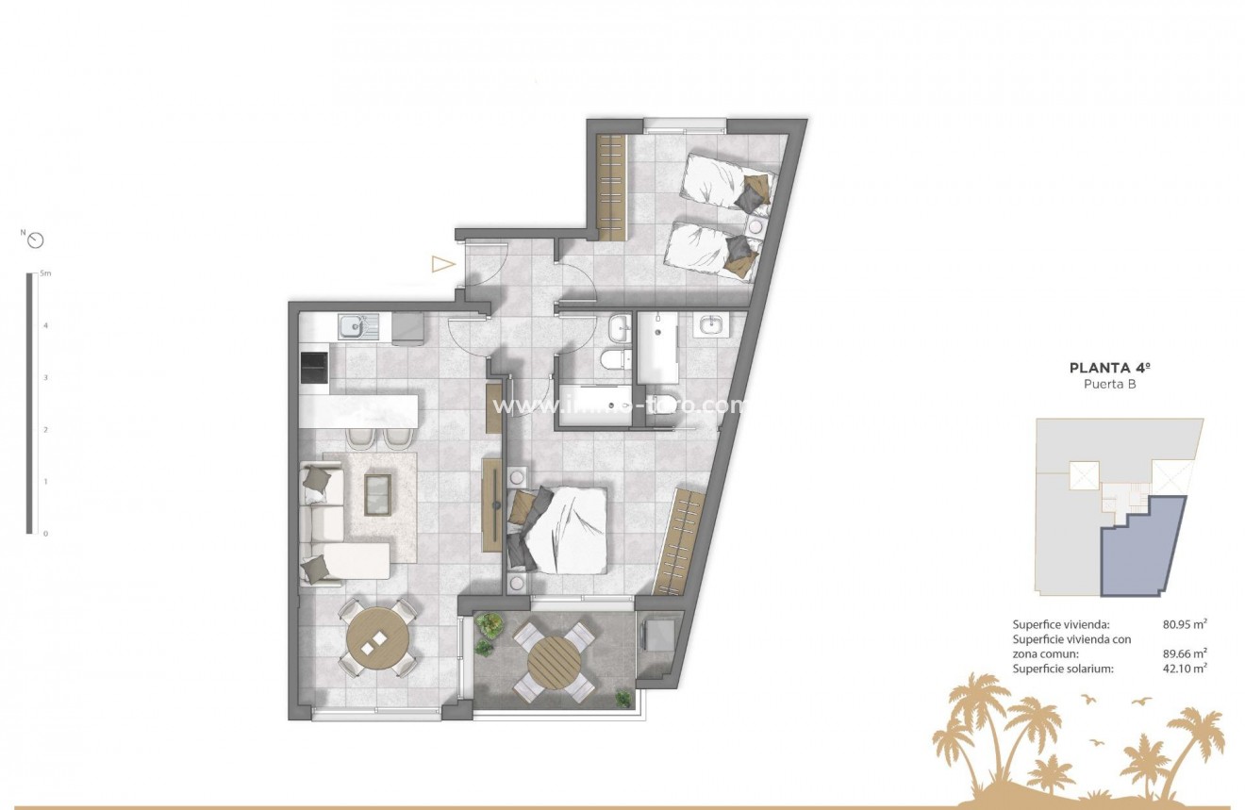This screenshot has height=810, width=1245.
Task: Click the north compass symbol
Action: tap(36, 240)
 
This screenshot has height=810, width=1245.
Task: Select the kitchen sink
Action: tap(355, 326)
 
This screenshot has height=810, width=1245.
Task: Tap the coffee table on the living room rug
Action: tap(377, 493)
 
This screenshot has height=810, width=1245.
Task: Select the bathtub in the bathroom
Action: tap(656, 347)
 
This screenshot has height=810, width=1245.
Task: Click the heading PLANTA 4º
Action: tap(1108, 369)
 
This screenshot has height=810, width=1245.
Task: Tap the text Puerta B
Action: tap(1108, 384)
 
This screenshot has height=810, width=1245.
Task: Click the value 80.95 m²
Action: tap(1186, 624)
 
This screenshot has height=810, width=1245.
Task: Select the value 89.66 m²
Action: tap(1186, 653)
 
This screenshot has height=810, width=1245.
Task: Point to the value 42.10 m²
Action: tap(1186, 669)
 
